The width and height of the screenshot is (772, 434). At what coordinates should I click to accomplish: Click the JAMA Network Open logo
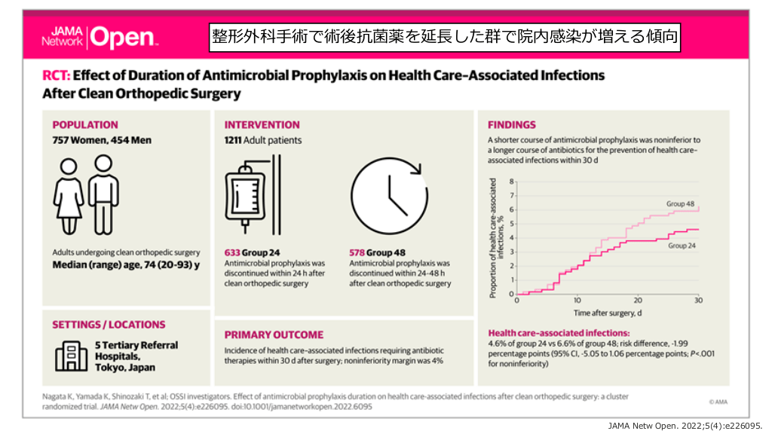tap(99, 36)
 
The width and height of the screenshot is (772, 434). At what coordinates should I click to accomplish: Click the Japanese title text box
tap(445, 35)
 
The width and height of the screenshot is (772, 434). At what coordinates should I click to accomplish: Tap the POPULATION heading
tap(85, 125)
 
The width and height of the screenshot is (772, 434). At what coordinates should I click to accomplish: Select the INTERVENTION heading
tap(262, 125)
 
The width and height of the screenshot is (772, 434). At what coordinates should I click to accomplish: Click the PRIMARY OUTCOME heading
tap(274, 335)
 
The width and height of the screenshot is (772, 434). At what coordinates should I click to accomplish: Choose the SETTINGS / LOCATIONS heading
tap(109, 325)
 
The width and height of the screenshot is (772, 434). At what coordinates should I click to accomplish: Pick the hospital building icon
tap(69, 356)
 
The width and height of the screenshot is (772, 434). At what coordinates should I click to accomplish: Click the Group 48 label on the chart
tap(680, 204)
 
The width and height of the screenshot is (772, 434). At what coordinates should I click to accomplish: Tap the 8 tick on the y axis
tap(511, 182)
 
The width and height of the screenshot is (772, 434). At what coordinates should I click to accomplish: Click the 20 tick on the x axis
tap(638, 301)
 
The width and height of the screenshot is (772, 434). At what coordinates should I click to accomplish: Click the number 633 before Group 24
tap(233, 252)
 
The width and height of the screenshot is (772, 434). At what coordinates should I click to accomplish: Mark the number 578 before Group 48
tap(358, 252)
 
